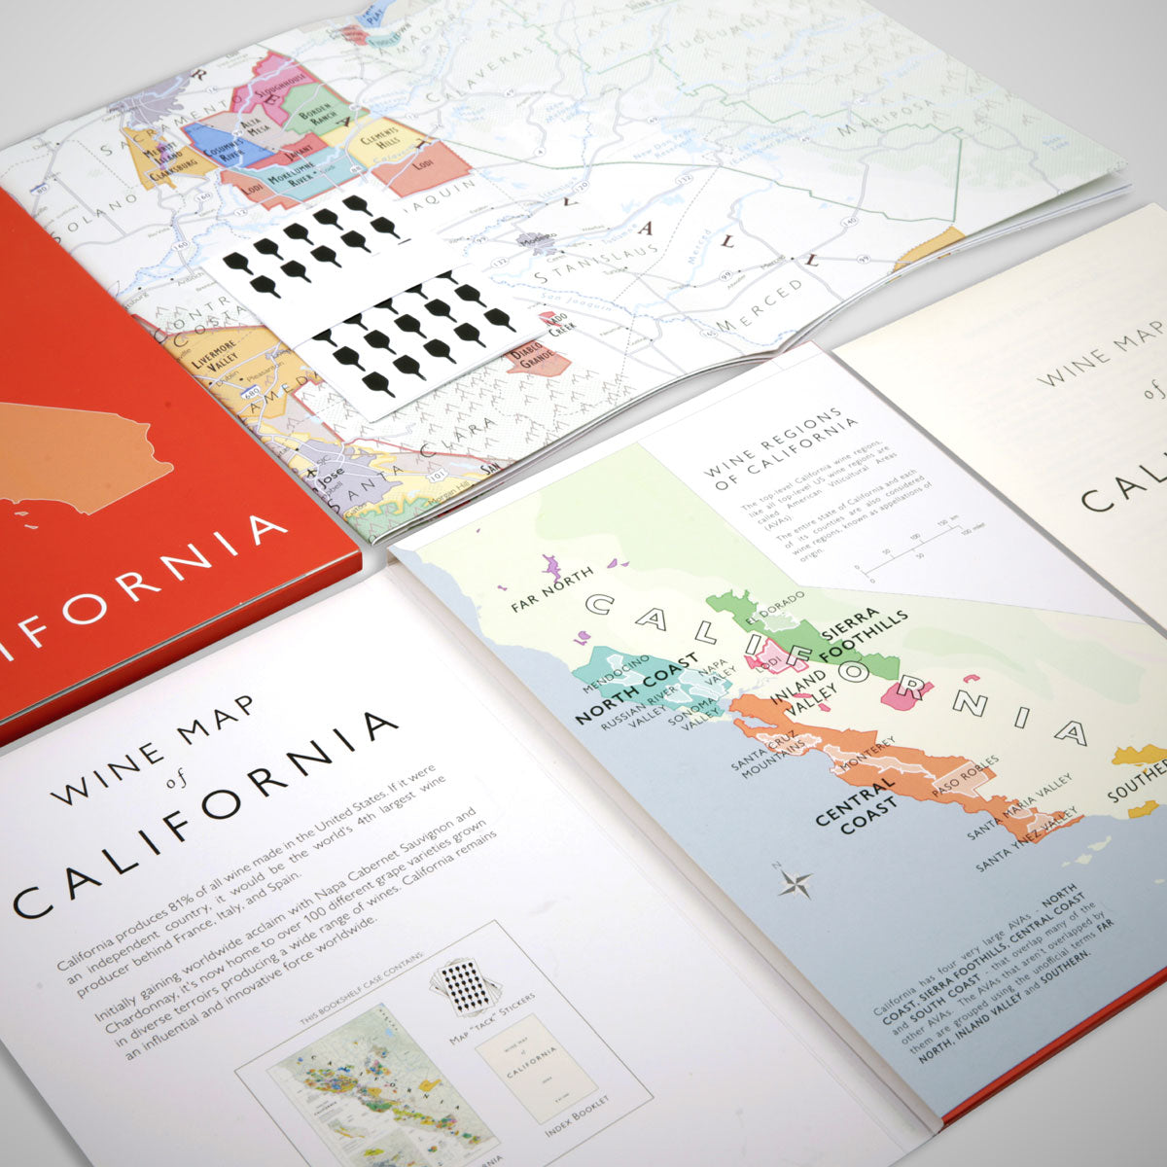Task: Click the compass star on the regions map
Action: point(796,884)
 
